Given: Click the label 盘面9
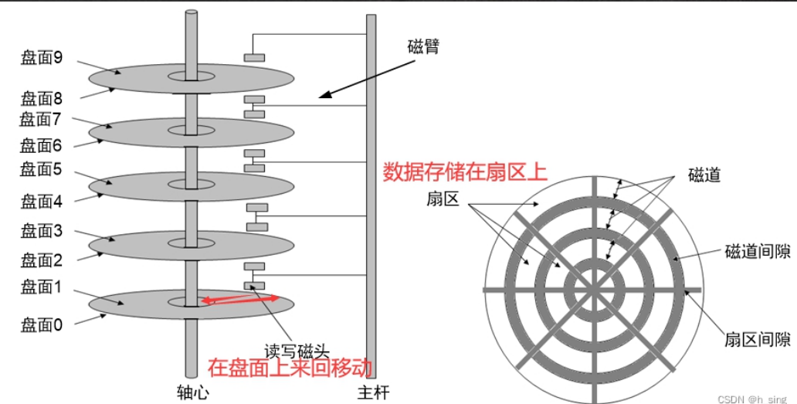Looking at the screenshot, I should [x=42, y=58].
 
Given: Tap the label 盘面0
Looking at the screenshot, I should [x=42, y=325].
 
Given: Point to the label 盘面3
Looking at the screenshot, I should [x=42, y=229].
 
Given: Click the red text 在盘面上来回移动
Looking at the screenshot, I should [x=290, y=367].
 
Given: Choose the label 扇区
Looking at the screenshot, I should [x=443, y=199].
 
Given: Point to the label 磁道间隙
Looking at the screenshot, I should [x=757, y=252].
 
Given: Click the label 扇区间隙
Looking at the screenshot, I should [x=757, y=339].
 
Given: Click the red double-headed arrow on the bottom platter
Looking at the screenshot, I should [x=240, y=298].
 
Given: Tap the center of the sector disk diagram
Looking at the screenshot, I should [x=593, y=290].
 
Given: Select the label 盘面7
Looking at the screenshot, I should [x=42, y=119].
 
